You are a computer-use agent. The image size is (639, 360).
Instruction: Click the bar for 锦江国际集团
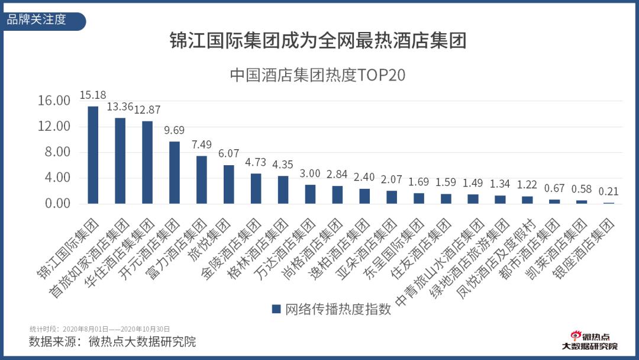click(x=93, y=155)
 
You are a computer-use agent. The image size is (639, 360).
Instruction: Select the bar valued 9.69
click(x=175, y=172)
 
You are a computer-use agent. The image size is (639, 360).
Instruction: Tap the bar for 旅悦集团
click(x=228, y=184)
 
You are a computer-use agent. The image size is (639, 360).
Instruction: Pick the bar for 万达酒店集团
click(x=310, y=194)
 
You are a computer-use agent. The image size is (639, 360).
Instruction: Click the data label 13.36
click(x=120, y=107)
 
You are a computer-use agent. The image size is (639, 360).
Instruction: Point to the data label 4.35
click(x=283, y=165)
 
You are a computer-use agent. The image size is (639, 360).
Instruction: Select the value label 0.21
click(x=609, y=192)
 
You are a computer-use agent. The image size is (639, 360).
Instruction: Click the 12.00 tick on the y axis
click(x=54, y=127)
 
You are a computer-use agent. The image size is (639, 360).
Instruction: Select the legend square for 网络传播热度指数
click(x=276, y=309)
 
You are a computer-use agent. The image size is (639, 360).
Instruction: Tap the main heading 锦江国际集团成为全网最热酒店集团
click(x=318, y=41)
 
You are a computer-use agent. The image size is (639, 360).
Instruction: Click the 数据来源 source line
click(x=112, y=342)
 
